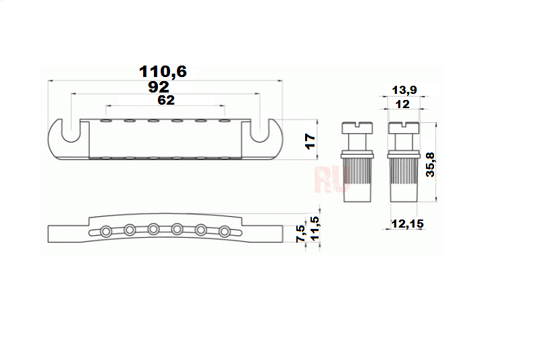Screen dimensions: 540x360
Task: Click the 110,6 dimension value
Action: click(x=163, y=72)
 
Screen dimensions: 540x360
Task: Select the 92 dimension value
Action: click(x=159, y=87)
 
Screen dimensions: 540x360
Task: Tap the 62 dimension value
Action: click(x=166, y=100)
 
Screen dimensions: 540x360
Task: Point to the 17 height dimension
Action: click(x=310, y=141)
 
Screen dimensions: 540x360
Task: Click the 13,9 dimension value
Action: click(x=404, y=90)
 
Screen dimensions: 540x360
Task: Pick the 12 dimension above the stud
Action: click(x=402, y=104)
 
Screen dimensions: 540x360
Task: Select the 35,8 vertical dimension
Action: click(x=431, y=165)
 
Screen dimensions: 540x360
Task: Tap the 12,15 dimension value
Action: click(x=408, y=224)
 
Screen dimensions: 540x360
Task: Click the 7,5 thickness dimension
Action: click(x=300, y=233)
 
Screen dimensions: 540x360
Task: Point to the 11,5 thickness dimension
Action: click(x=315, y=228)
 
